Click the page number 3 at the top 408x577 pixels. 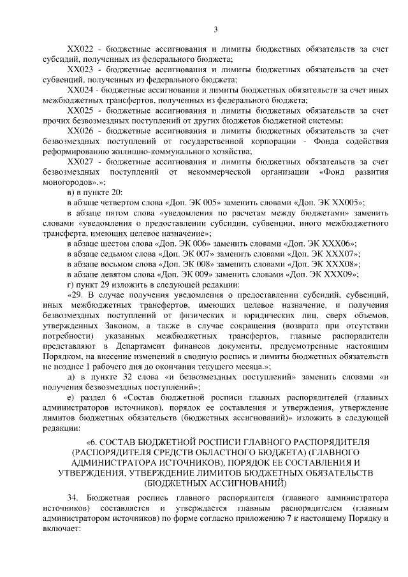(x=215, y=29)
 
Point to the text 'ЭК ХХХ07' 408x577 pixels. (x=337, y=254)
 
